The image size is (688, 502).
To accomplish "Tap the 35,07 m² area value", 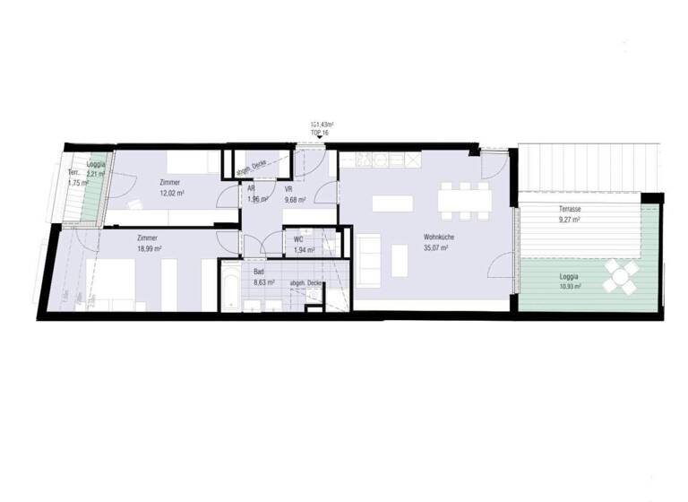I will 436,248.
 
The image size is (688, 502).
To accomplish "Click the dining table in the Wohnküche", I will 463,199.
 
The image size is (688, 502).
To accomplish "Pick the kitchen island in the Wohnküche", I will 391,203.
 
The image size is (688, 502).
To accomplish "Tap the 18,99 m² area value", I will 149,248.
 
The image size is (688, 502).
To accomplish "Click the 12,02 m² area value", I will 171,193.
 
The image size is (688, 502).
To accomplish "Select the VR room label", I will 289,189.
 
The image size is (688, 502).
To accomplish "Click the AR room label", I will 252,189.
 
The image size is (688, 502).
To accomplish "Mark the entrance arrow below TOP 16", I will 320,136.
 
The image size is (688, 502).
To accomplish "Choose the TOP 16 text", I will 320,131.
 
